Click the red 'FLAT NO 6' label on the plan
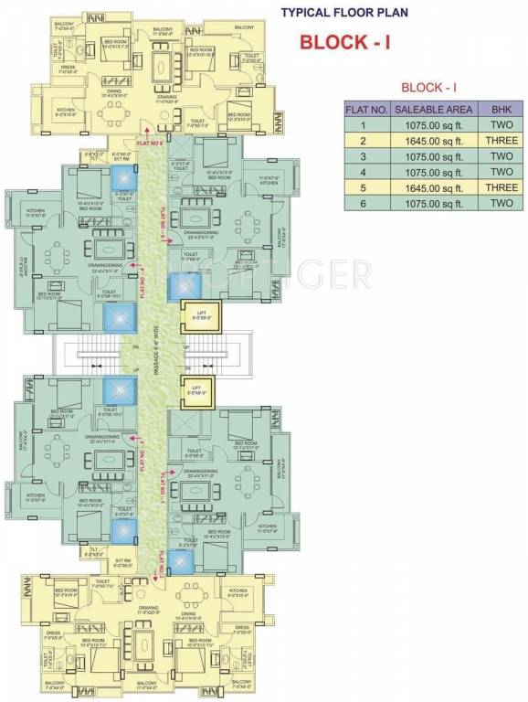[x=149, y=144]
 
